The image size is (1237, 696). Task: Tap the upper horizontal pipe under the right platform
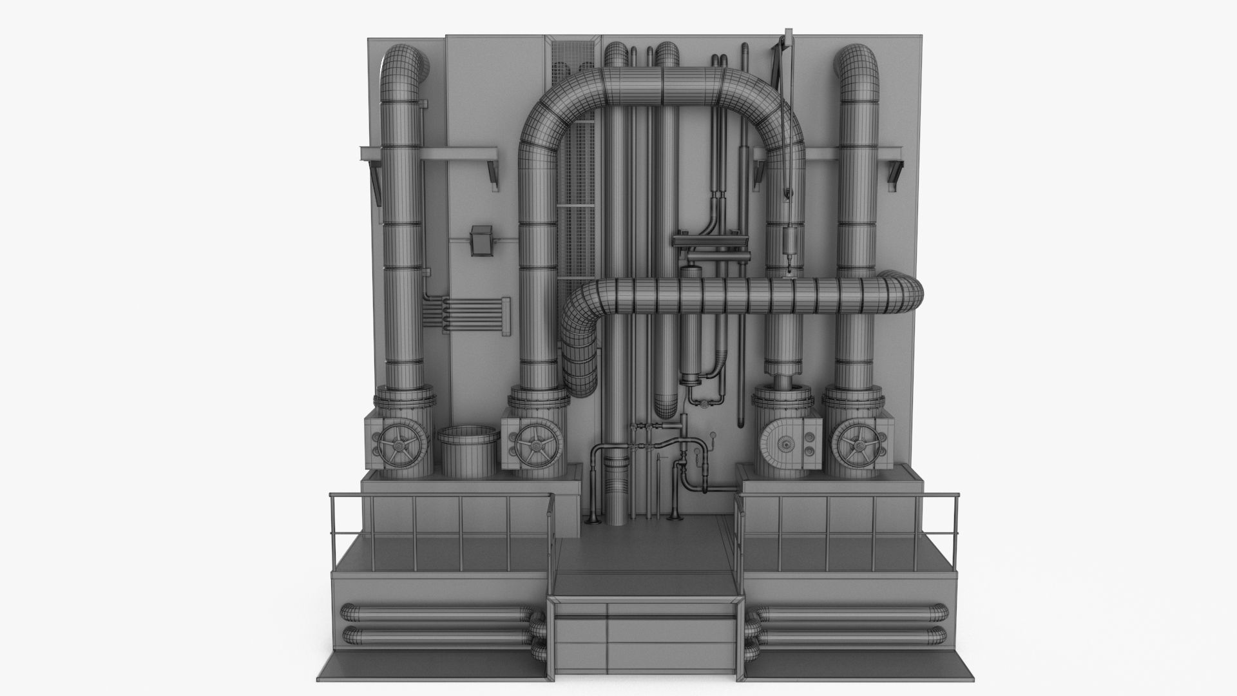pyautogui.click(x=850, y=614)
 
